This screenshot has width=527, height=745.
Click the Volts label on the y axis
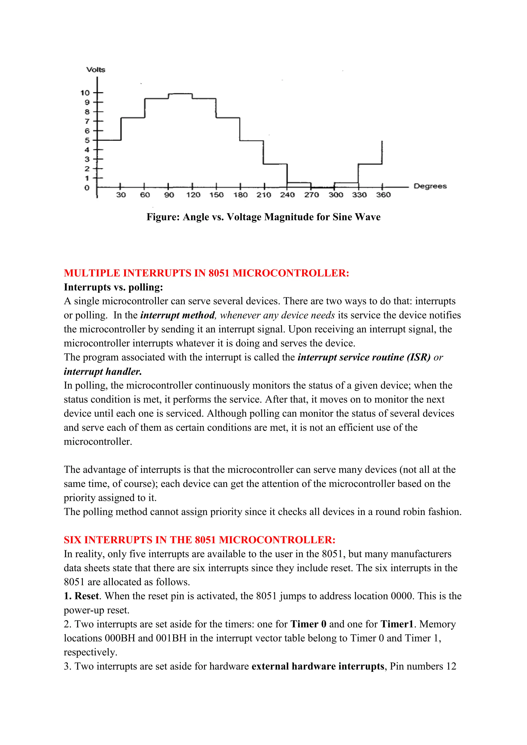(96, 69)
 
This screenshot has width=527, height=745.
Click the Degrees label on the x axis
(430, 186)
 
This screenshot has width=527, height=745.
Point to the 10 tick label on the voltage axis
(85, 93)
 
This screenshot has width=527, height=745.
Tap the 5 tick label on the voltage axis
(87, 140)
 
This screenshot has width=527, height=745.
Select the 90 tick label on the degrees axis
(169, 195)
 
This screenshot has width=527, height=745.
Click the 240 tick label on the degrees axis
(287, 195)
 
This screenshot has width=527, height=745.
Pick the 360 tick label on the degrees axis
(383, 195)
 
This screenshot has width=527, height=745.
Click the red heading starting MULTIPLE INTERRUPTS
(206, 273)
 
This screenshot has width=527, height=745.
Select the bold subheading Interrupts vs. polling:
(113, 287)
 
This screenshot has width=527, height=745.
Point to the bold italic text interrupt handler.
(103, 371)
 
